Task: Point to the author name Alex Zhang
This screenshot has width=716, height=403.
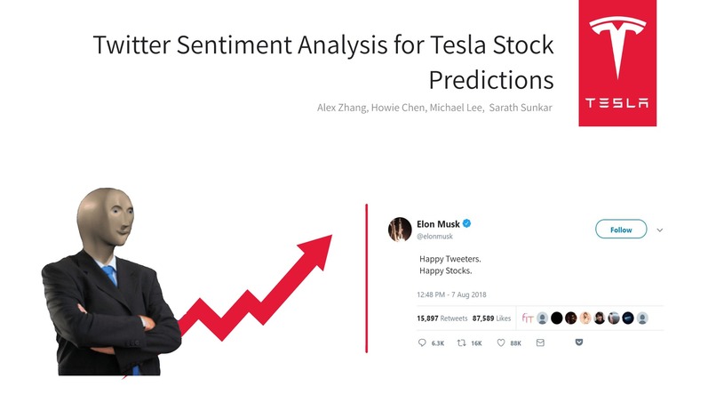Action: [x=343, y=108]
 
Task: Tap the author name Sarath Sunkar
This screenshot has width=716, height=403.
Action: [x=521, y=108]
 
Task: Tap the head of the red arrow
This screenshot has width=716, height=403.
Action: [x=314, y=245]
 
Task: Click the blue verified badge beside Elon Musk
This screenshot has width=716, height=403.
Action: [x=467, y=224]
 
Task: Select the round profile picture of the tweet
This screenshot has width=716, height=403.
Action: [x=399, y=229]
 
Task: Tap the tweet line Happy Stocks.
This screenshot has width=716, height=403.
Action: [x=445, y=270]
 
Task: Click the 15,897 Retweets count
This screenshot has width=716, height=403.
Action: [x=442, y=318]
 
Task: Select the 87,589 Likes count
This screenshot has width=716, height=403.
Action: [x=491, y=318]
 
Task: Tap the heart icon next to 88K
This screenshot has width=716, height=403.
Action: [x=501, y=343]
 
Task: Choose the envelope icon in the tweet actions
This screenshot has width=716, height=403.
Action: [x=539, y=343]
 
